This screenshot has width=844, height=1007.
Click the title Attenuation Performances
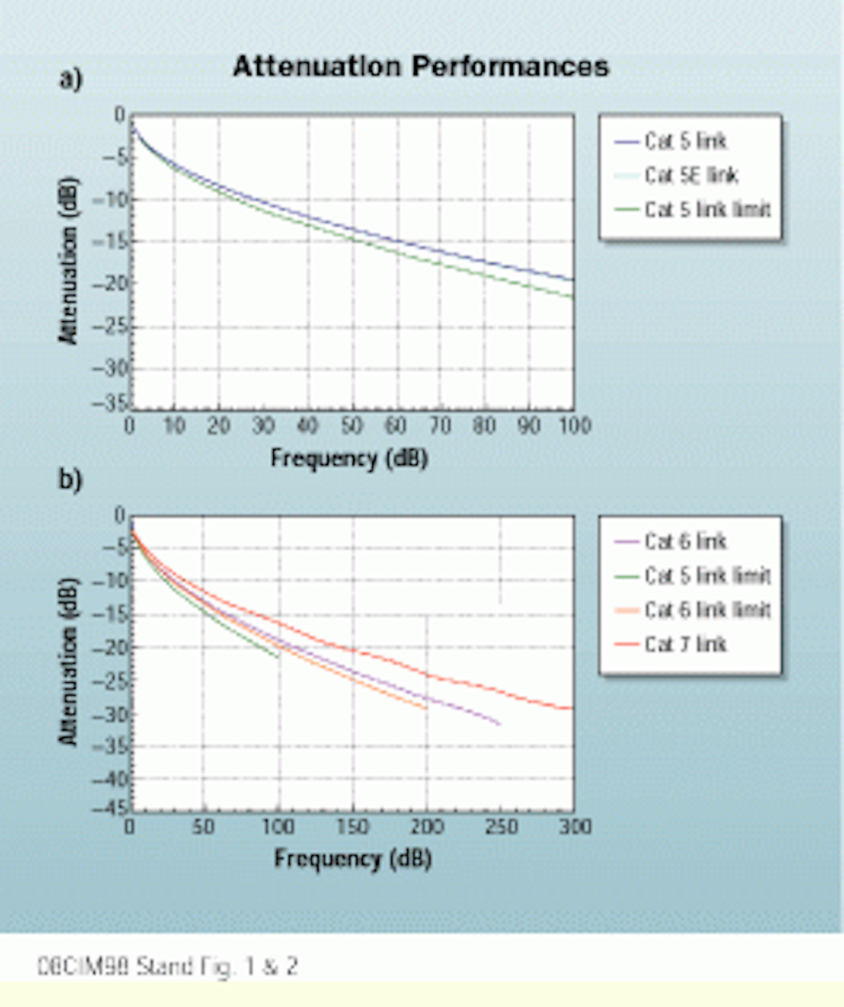pyautogui.click(x=421, y=66)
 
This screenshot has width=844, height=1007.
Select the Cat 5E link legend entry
pyautogui.click(x=690, y=175)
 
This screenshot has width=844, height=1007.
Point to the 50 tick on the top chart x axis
pyautogui.click(x=352, y=426)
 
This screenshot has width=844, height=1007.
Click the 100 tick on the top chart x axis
pyautogui.click(x=574, y=426)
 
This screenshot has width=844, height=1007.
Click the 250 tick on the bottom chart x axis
pyautogui.click(x=501, y=827)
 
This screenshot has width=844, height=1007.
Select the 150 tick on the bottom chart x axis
pyautogui.click(x=353, y=827)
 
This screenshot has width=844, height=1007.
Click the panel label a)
pyautogui.click(x=70, y=79)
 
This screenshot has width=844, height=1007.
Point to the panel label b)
pyautogui.click(x=70, y=479)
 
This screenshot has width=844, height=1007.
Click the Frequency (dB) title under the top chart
pyautogui.click(x=349, y=458)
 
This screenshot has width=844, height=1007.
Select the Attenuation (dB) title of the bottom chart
pyautogui.click(x=69, y=662)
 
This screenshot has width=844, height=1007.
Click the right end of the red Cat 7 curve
pyautogui.click(x=571, y=709)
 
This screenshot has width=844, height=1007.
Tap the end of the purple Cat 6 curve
pyautogui.click(x=499, y=724)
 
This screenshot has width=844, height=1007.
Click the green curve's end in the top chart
pyautogui.click(x=572, y=297)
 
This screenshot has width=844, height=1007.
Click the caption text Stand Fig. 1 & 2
pyautogui.click(x=168, y=966)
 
